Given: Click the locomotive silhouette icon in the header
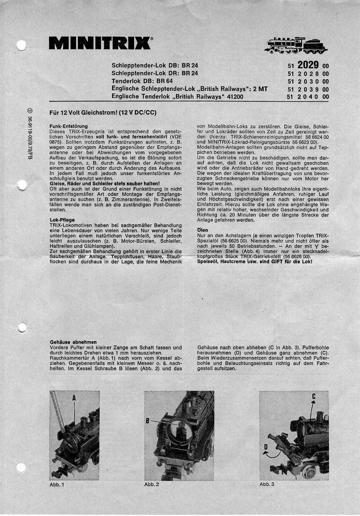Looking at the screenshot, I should coord(296,45).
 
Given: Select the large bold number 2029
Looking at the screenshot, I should coord(308,65).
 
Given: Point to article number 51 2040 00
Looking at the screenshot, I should coord(308,97).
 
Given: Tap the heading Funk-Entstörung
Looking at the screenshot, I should coord(68,126).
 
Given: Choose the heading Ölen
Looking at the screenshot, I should coord(203,230).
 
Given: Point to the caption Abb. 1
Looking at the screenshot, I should coord(57,485).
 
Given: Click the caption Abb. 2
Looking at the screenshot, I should coord(152,485).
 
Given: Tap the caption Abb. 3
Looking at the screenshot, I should coord(267,485).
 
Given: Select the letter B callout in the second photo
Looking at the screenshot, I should coord(147,421).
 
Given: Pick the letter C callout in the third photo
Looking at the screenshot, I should coord(314,396).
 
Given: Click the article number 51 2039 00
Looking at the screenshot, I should coord(308,89).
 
